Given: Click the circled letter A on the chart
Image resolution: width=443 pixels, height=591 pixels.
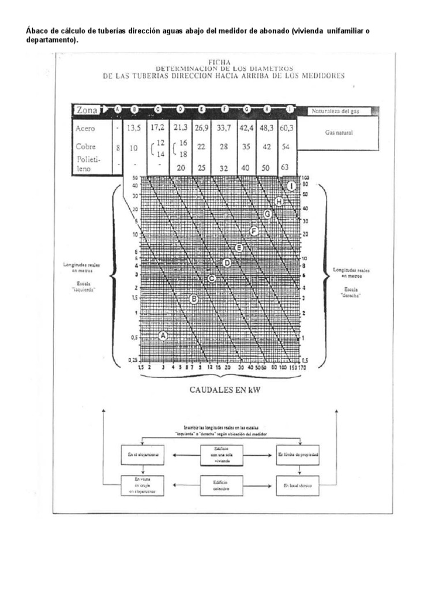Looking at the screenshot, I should tap(163, 335).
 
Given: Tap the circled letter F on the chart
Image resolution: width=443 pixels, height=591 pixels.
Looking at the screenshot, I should tap(253, 231).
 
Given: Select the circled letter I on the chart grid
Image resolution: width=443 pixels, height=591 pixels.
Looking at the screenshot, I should tap(291, 186).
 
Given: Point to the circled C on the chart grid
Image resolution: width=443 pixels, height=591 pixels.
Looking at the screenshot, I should tap(212, 279).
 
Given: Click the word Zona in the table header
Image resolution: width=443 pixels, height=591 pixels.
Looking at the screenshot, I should tap(87, 110).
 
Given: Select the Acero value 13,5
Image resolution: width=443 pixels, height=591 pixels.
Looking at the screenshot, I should tap(134, 128).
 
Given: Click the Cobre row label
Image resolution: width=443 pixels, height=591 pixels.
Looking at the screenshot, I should tap(85, 147).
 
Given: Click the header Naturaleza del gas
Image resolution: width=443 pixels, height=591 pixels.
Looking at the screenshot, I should tap(335, 110).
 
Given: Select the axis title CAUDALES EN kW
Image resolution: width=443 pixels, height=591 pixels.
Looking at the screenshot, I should tap(225, 390).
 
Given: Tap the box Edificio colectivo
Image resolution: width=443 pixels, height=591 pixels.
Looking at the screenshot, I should tap(221, 485).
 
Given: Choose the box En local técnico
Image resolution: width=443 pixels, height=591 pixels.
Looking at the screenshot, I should tap(298, 485).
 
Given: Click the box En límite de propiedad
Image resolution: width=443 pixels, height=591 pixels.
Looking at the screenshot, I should tap(298, 455).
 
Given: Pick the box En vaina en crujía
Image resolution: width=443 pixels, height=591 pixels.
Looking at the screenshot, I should tap(141, 485).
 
